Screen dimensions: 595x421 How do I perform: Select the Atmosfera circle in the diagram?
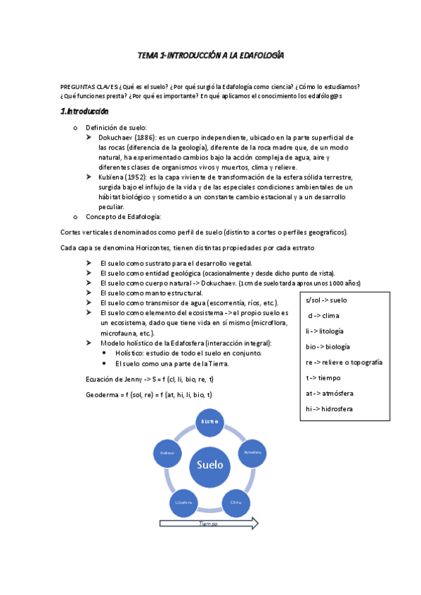252,453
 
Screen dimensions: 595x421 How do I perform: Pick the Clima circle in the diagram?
236,502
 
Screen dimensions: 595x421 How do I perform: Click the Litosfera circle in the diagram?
183,502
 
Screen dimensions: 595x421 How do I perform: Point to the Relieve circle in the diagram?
167,453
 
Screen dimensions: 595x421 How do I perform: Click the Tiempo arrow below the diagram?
209,523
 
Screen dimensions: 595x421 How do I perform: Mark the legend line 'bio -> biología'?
328,346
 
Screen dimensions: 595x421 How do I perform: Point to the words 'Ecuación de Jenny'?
112,380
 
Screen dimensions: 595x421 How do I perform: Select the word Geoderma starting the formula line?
101,395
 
